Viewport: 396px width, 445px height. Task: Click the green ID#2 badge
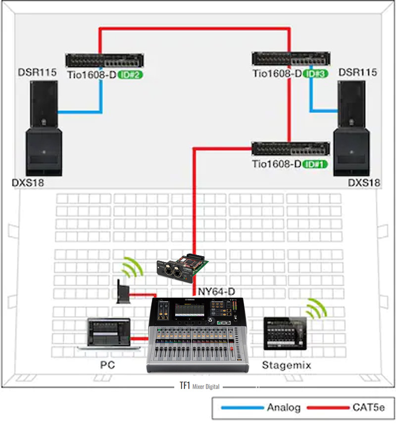(130, 75)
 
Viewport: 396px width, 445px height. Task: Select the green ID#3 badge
(315, 74)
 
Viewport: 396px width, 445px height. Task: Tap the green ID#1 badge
(315, 164)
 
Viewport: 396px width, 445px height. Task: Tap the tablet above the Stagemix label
(285, 334)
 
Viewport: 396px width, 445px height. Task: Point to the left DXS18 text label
(28, 183)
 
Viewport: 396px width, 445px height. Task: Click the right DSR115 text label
(358, 73)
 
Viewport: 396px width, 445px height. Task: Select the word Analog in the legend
(284, 408)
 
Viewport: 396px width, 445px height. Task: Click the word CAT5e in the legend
(369, 408)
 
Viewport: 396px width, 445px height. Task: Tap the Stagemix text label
(286, 366)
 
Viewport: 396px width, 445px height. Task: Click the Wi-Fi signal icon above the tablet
(316, 309)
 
